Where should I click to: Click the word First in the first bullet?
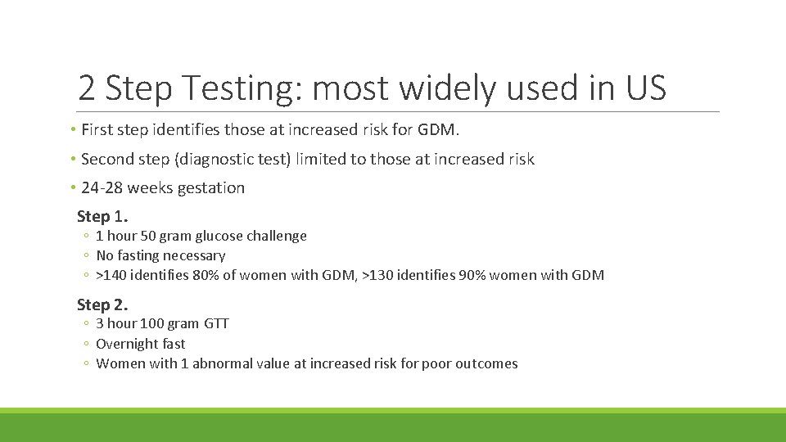point(97,129)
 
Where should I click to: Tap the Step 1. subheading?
point(102,217)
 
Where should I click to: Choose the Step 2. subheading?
point(102,304)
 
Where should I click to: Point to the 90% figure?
point(472,275)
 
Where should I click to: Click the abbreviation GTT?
point(216,323)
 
